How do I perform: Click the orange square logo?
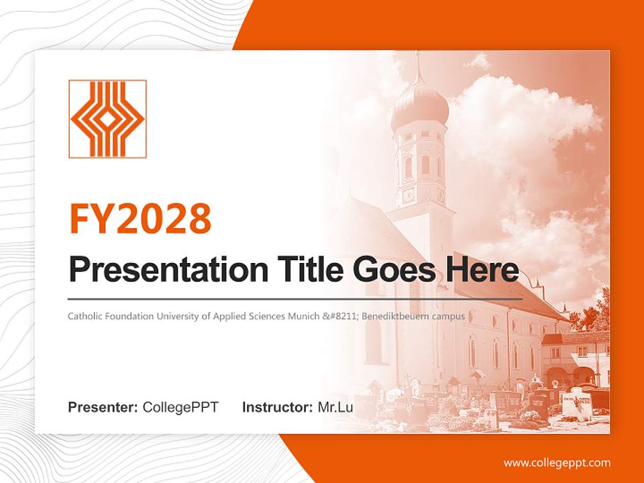[x=107, y=119]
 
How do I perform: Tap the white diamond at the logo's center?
[x=107, y=119]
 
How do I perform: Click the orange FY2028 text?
[x=140, y=219]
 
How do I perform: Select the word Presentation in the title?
[x=168, y=270]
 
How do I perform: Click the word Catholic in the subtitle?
[x=85, y=316]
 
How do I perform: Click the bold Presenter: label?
[x=103, y=407]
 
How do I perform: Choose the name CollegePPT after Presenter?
[x=180, y=407]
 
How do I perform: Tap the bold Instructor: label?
[x=278, y=407]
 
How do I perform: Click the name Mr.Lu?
[x=335, y=407]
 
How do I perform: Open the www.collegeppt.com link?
[x=557, y=464]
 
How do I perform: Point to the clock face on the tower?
[x=409, y=195]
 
